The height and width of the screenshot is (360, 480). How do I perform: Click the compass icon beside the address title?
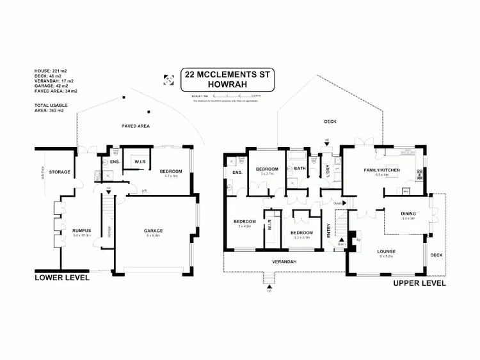pyautogui.click(x=169, y=80)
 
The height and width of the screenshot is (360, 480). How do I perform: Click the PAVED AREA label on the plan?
pyautogui.click(x=136, y=127)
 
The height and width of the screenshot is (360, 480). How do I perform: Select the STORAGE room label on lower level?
pyautogui.click(x=59, y=171)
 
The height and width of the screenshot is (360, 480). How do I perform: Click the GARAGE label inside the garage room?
pyautogui.click(x=153, y=230)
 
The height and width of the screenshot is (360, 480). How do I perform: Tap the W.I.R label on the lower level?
pyautogui.click(x=141, y=162)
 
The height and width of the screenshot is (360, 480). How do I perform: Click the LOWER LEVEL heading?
pyautogui.click(x=61, y=278)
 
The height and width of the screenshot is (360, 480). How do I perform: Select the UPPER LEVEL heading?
pyautogui.click(x=419, y=283)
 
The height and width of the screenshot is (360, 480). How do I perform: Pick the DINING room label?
pyautogui.click(x=408, y=214)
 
